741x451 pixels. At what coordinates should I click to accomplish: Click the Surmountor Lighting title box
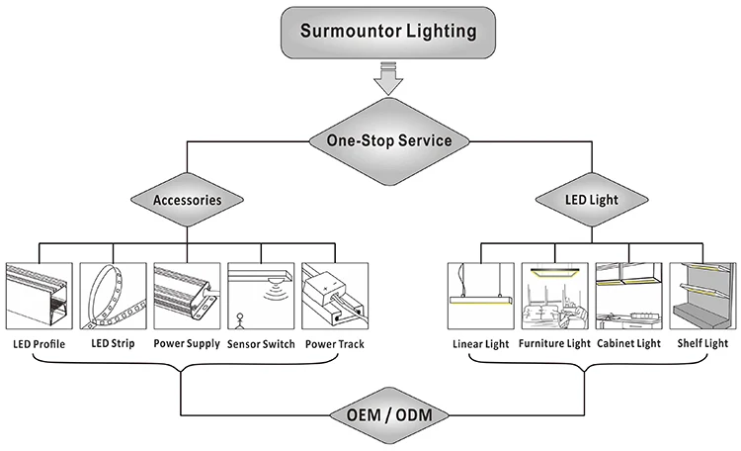[x=387, y=32]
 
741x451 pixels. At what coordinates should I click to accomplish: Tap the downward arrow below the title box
[x=386, y=78]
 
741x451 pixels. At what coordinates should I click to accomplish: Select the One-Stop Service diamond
[x=388, y=140]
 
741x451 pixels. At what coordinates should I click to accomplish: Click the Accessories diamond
[x=186, y=200]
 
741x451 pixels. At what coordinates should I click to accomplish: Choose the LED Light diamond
[x=591, y=200]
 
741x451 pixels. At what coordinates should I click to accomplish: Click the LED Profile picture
[x=38, y=296]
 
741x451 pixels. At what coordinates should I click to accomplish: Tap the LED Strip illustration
[x=112, y=296]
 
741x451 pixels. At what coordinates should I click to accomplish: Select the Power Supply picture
[x=187, y=296]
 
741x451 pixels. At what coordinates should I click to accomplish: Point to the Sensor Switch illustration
[x=261, y=296]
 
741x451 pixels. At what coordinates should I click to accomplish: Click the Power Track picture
[x=335, y=296]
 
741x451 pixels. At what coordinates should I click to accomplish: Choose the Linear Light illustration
[x=480, y=296]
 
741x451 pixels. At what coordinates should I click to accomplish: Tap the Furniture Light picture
[x=554, y=296]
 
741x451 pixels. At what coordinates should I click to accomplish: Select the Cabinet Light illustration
[x=628, y=296]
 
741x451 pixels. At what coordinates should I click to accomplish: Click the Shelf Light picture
[x=702, y=296]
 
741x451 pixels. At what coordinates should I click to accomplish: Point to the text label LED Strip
[x=112, y=344]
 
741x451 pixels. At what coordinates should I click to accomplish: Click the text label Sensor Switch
[x=261, y=344]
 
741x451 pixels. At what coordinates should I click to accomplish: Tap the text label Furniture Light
[x=554, y=344]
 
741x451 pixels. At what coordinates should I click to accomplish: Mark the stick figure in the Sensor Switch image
[x=237, y=319]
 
